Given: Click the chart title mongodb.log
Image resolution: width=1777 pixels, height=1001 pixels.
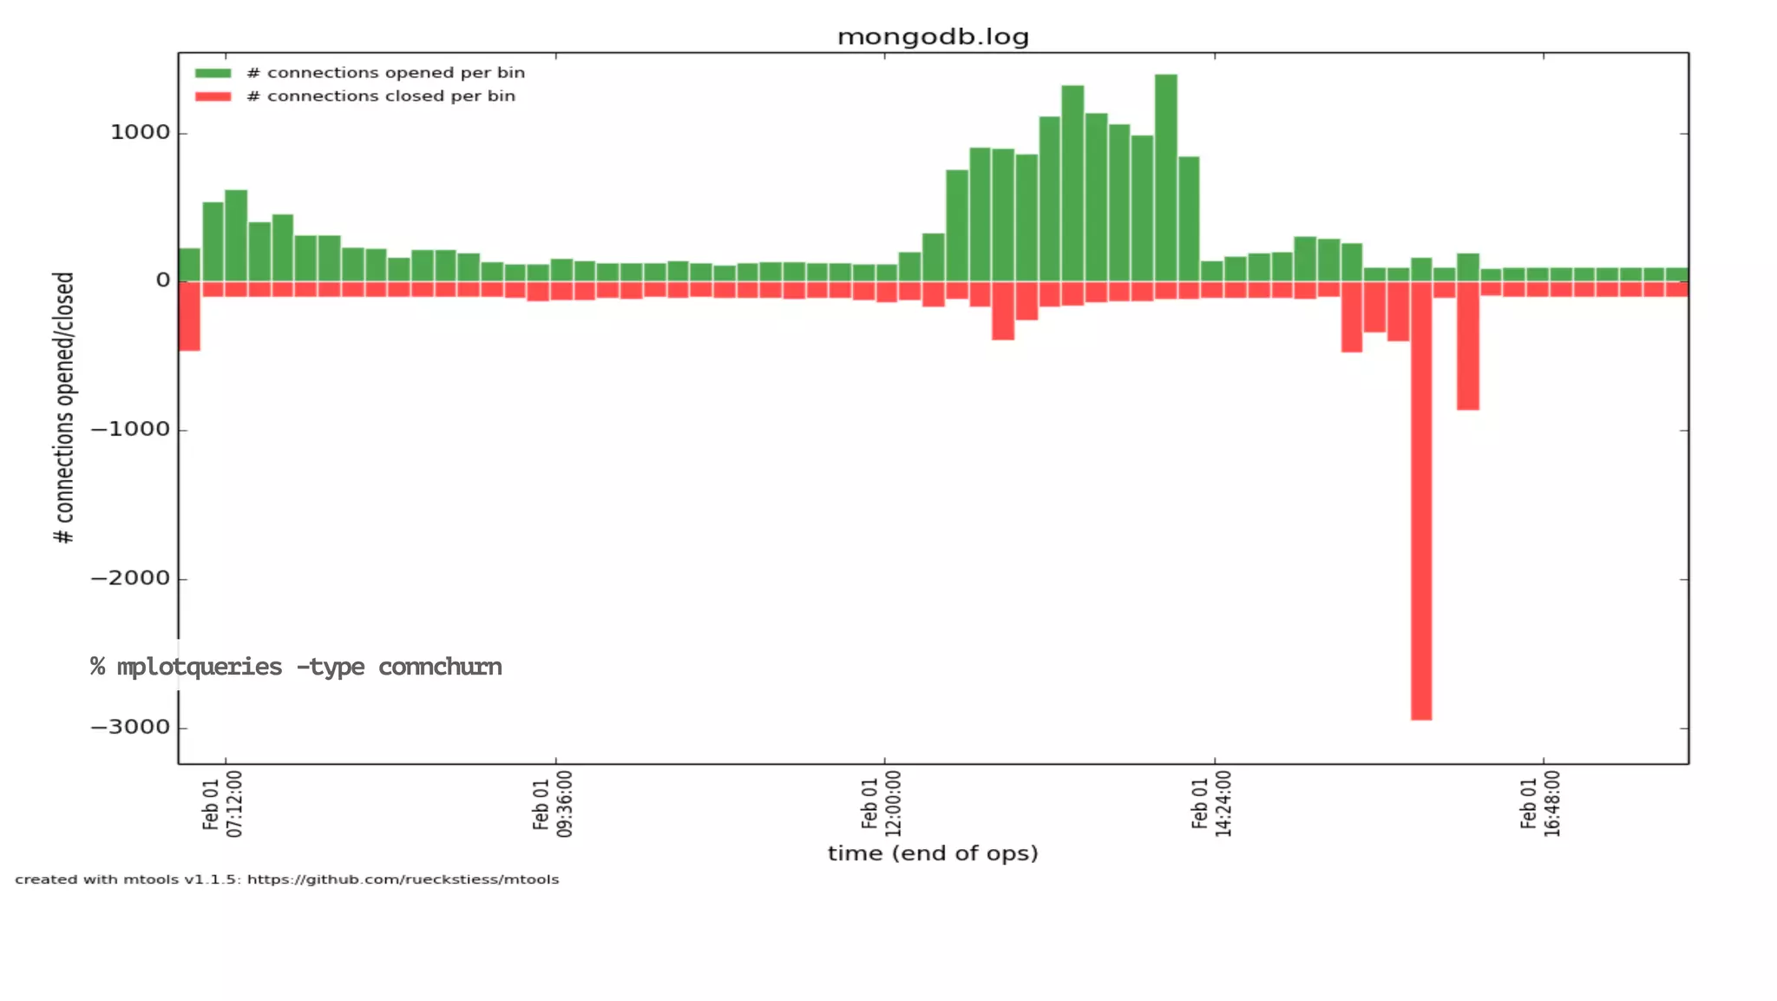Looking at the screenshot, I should (x=933, y=36).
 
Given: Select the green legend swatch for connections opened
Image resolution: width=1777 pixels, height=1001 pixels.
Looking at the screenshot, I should (x=213, y=73).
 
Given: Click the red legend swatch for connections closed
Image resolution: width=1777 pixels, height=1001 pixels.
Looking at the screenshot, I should (x=213, y=96).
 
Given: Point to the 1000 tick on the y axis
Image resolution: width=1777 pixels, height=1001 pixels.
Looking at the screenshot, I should (x=140, y=133).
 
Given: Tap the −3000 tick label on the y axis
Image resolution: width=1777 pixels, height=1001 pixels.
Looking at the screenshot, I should (x=130, y=728).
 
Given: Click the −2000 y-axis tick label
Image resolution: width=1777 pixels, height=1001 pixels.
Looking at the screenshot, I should (x=130, y=579).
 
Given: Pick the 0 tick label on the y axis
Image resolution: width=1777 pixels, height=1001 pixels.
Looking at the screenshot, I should (x=163, y=280).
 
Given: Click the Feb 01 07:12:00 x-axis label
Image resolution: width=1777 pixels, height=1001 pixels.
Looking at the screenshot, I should (x=223, y=805).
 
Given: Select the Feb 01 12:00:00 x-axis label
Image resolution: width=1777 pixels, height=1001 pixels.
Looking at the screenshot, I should (x=882, y=805).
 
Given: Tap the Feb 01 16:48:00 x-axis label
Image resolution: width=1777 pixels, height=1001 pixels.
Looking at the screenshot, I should (x=1540, y=805).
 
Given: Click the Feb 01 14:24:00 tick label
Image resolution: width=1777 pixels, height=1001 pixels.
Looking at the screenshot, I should (x=1211, y=805).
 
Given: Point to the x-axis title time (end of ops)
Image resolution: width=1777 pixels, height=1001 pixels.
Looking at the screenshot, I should (x=933, y=853).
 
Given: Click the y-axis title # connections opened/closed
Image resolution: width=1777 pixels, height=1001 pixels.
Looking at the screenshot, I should (x=64, y=408).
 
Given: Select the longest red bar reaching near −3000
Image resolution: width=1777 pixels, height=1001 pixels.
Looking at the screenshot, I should (x=1421, y=521).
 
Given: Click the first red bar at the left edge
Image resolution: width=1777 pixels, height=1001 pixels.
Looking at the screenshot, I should (x=189, y=317).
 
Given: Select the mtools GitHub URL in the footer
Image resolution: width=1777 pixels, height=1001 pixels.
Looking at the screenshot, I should (x=403, y=879).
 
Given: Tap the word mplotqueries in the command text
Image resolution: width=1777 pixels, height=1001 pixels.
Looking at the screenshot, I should (x=200, y=667).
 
